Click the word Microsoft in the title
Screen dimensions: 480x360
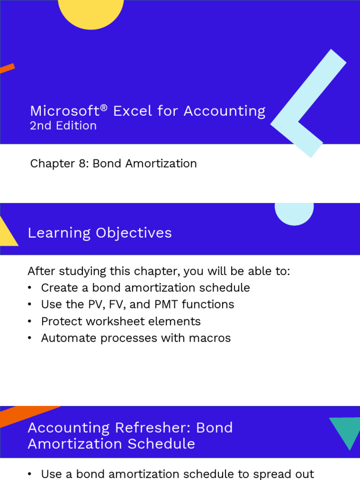64,111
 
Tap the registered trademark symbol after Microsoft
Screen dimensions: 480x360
104,108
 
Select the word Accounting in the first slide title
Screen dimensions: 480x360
225,112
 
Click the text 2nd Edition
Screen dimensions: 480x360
63,126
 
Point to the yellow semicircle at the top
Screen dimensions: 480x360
91,11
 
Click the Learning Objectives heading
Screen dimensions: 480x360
100,233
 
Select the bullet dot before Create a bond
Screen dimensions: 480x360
30,288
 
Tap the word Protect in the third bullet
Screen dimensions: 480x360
60,322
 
